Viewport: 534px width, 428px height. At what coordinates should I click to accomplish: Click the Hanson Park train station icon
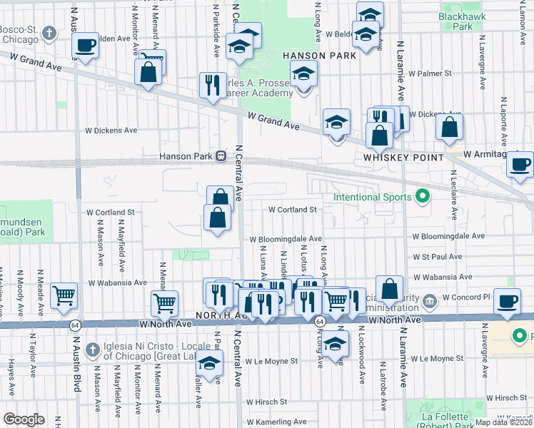221,155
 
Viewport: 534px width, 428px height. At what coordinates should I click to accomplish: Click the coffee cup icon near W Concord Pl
508,301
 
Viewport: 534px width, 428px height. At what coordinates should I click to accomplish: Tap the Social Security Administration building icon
428,300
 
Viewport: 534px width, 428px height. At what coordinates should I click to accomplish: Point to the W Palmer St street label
429,73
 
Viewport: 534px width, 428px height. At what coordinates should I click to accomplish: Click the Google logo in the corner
24,419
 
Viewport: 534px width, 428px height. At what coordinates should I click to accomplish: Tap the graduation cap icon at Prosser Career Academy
303,73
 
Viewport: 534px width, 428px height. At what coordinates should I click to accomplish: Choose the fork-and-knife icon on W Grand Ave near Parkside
212,85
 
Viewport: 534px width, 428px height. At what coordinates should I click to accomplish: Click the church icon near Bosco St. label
49,33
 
